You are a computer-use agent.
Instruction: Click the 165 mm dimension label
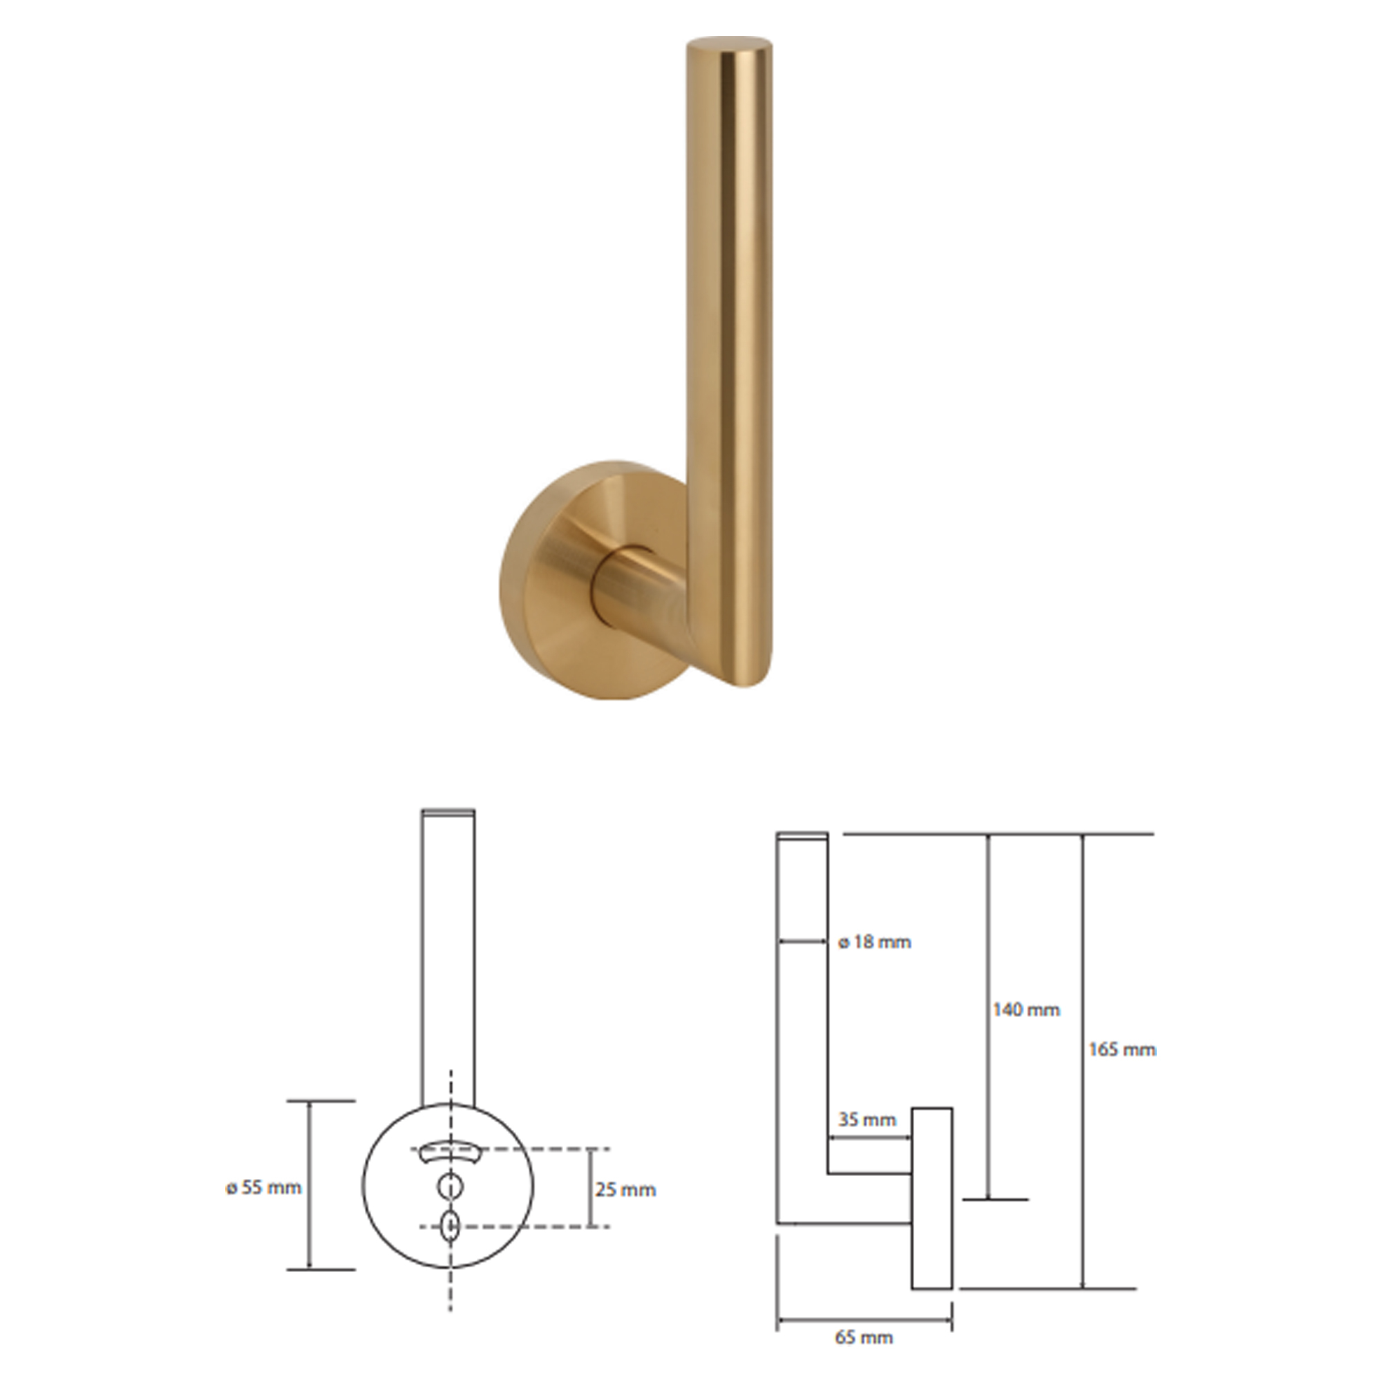tap(1121, 1050)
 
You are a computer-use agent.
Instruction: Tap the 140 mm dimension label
tap(1025, 1010)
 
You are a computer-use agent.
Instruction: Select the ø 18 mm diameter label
tap(875, 941)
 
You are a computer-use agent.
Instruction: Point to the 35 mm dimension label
tap(867, 1119)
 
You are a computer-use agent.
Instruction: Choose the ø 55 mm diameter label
tap(264, 1186)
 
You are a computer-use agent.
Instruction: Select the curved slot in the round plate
tap(449, 1150)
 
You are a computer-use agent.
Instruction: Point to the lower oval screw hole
tap(450, 1226)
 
